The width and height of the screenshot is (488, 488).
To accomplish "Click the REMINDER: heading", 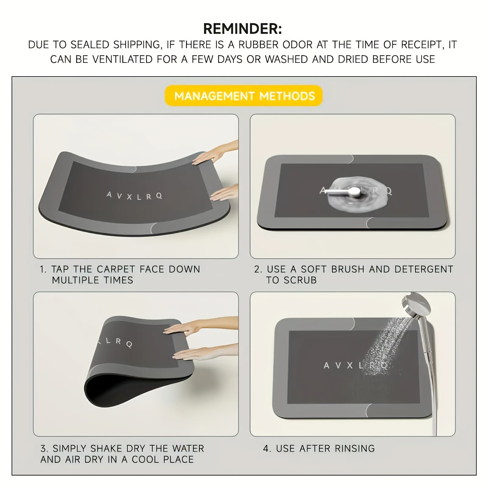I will coord(242,29).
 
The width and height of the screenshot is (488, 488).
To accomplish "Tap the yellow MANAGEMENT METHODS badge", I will coord(244,96).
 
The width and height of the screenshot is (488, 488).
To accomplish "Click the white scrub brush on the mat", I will coord(343,192).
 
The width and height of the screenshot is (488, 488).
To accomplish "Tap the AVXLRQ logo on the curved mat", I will coord(134,196).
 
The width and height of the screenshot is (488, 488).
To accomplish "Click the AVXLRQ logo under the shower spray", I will coord(355,365).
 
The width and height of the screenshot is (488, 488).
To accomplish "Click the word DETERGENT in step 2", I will coord(424,269).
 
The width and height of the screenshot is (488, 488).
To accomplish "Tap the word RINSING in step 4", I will coord(355,449).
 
